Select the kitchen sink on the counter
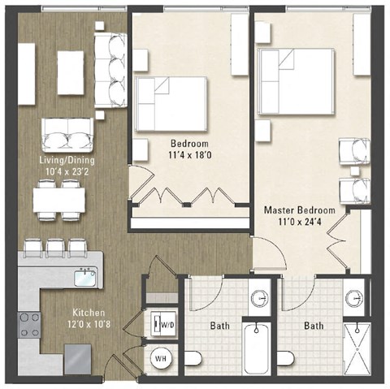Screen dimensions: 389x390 (84, 278)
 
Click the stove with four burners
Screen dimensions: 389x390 (28, 324)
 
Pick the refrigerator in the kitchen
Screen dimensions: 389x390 (78, 356)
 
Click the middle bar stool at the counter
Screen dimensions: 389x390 (55, 245)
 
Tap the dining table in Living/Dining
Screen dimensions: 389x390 (58, 199)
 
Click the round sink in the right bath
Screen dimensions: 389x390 (353, 297)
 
